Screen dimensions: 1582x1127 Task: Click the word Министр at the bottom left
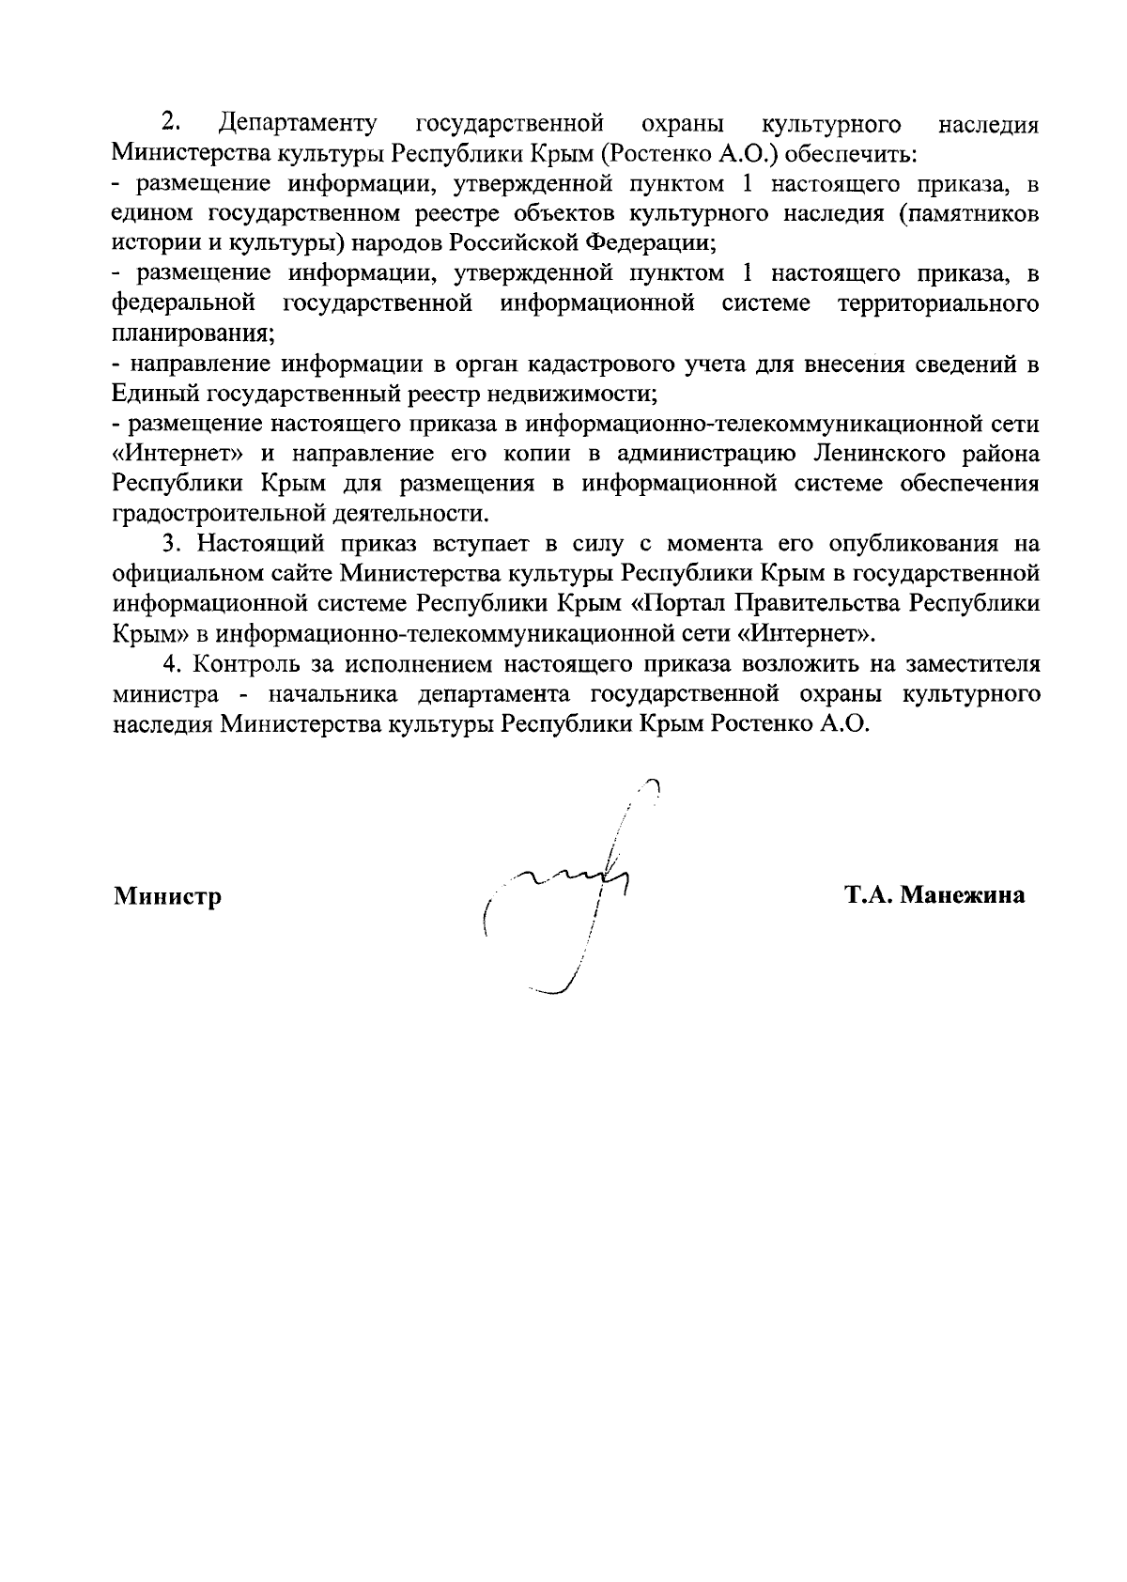[167, 896]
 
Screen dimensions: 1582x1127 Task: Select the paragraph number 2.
[170, 123]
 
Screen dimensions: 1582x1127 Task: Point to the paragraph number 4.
[170, 664]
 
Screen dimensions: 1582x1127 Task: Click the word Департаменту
[298, 124]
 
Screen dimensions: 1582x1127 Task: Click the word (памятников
[968, 214]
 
